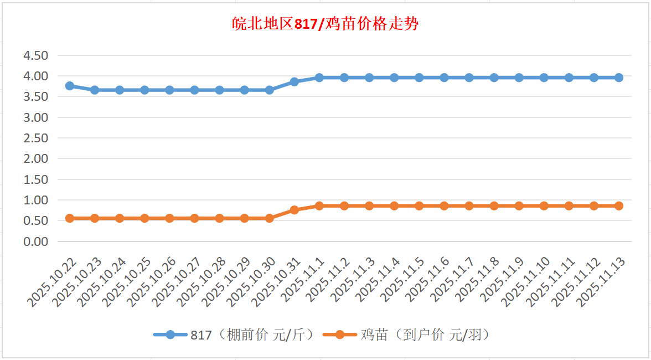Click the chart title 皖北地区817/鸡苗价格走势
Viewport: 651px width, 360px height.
325,25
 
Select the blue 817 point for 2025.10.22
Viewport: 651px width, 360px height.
70,86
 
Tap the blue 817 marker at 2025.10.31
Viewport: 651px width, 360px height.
294,81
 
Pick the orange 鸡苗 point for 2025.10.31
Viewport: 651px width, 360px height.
294,210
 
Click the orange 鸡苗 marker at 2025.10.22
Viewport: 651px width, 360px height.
70,218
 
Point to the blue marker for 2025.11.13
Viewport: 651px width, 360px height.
619,78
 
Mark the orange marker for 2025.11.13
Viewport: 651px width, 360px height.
619,206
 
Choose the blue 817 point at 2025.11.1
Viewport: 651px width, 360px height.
319,78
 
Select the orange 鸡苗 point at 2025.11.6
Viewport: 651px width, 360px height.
444,206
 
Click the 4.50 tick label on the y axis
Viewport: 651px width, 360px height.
35,55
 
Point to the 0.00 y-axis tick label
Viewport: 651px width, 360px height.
35,241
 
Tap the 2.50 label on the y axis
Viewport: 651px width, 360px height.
35,138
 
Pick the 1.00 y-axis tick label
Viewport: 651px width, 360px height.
35,200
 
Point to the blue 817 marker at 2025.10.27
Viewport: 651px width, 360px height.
194,90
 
